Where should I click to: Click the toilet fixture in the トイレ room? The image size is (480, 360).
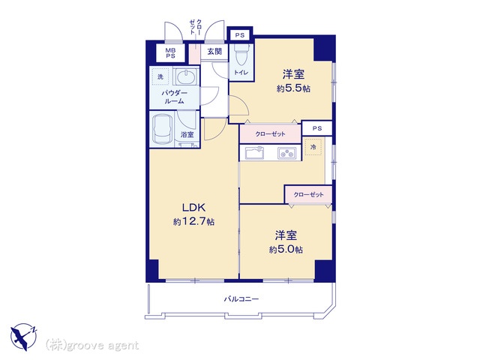click(x=241, y=55)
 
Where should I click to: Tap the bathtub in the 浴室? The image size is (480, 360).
click(x=162, y=129)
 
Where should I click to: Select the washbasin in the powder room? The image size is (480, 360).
click(x=186, y=76)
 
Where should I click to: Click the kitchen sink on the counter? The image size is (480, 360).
click(x=254, y=152)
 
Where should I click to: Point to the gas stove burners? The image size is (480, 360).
click(x=286, y=153)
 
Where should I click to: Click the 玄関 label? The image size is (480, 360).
click(x=214, y=52)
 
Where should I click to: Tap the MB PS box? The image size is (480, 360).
click(x=170, y=53)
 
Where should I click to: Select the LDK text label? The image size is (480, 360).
click(x=193, y=208)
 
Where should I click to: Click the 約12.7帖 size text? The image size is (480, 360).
click(x=193, y=222)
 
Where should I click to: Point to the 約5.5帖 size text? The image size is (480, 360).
click(x=293, y=88)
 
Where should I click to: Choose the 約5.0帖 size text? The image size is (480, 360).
click(x=286, y=250)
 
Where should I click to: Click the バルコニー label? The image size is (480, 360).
click(x=241, y=298)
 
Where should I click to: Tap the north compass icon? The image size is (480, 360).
click(x=23, y=337)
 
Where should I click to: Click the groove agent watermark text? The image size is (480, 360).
click(x=92, y=346)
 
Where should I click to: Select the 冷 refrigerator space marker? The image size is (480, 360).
click(x=313, y=147)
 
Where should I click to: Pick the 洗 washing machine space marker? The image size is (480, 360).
click(x=160, y=76)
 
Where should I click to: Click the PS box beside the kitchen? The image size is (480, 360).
click(x=317, y=128)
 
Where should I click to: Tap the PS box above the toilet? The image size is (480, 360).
click(x=240, y=35)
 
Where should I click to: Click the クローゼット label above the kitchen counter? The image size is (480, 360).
click(x=270, y=134)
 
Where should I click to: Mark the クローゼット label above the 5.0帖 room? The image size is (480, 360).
click(x=308, y=195)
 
